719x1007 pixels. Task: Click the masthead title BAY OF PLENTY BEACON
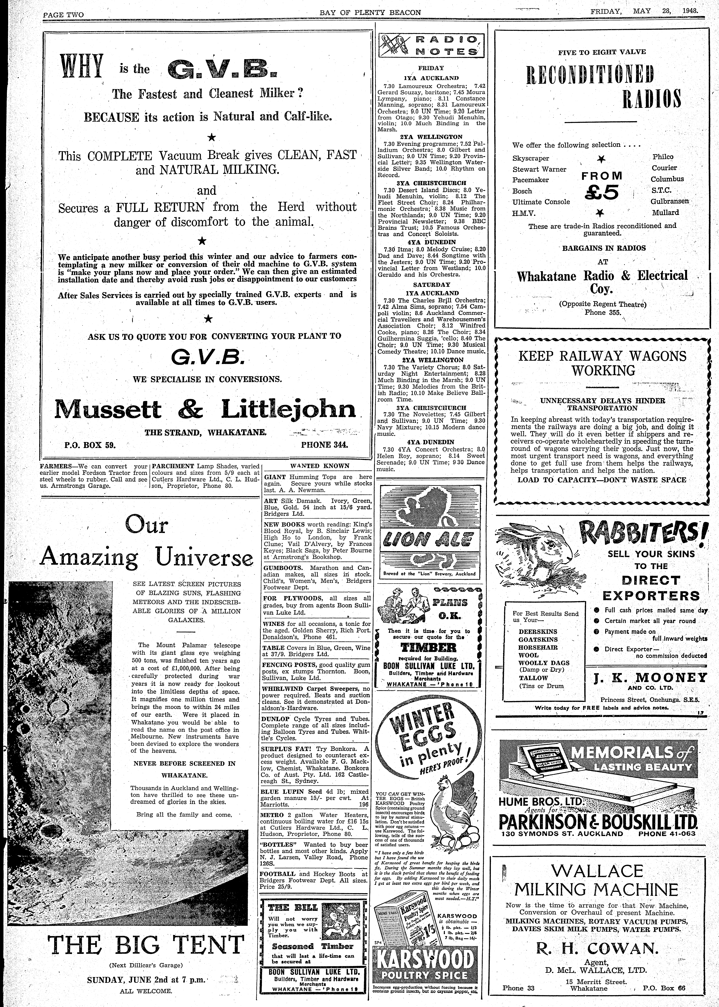pyautogui.click(x=370, y=12)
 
